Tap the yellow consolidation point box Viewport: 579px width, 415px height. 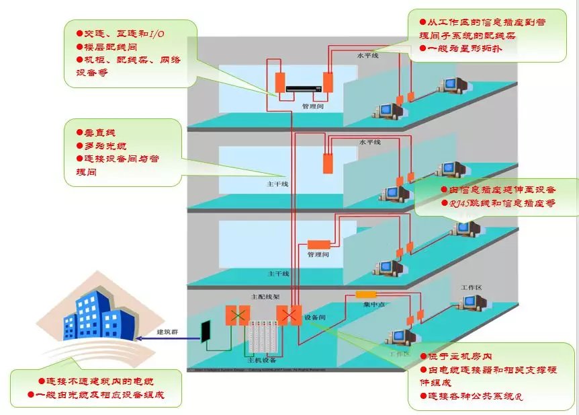click(x=366, y=294)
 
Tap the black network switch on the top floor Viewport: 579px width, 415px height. click(x=304, y=87)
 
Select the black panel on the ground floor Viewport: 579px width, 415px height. click(x=207, y=330)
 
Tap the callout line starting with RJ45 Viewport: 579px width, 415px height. click(x=498, y=203)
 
